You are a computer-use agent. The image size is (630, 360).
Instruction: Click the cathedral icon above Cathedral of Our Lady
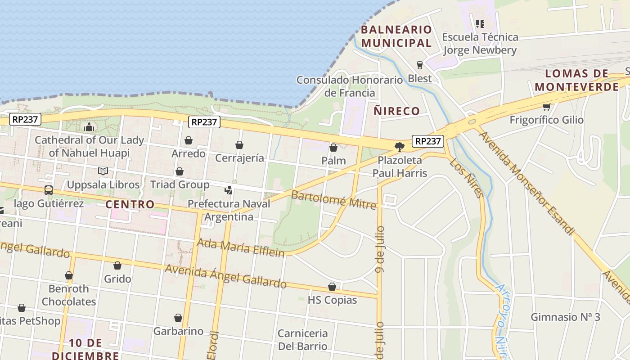click(89, 127)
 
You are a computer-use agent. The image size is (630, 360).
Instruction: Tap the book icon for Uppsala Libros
click(103, 171)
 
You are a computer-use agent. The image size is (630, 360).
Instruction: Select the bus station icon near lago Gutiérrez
click(48, 190)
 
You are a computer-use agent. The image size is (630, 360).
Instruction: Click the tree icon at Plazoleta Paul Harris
click(399, 146)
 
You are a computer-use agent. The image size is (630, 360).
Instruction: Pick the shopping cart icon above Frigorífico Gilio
click(546, 107)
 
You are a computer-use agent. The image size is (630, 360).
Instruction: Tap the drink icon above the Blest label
click(420, 65)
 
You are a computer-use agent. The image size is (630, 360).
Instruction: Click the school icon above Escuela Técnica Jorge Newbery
click(480, 23)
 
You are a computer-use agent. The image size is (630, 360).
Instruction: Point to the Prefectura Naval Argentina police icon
click(229, 190)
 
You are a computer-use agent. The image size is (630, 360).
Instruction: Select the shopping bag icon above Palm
click(333, 148)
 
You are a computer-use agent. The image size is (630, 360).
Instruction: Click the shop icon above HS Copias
click(332, 287)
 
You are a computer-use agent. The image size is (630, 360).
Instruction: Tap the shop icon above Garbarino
click(178, 318)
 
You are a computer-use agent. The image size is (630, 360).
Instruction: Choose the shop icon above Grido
click(117, 265)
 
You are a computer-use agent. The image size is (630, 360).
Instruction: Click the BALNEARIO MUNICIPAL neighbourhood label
click(396, 36)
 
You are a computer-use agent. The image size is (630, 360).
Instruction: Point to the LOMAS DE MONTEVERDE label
click(577, 80)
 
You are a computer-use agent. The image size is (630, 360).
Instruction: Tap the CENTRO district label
click(130, 204)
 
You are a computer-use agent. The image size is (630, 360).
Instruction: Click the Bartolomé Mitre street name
click(333, 200)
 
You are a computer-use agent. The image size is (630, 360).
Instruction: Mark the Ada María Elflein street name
click(241, 247)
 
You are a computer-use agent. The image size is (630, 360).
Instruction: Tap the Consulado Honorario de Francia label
click(350, 86)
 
